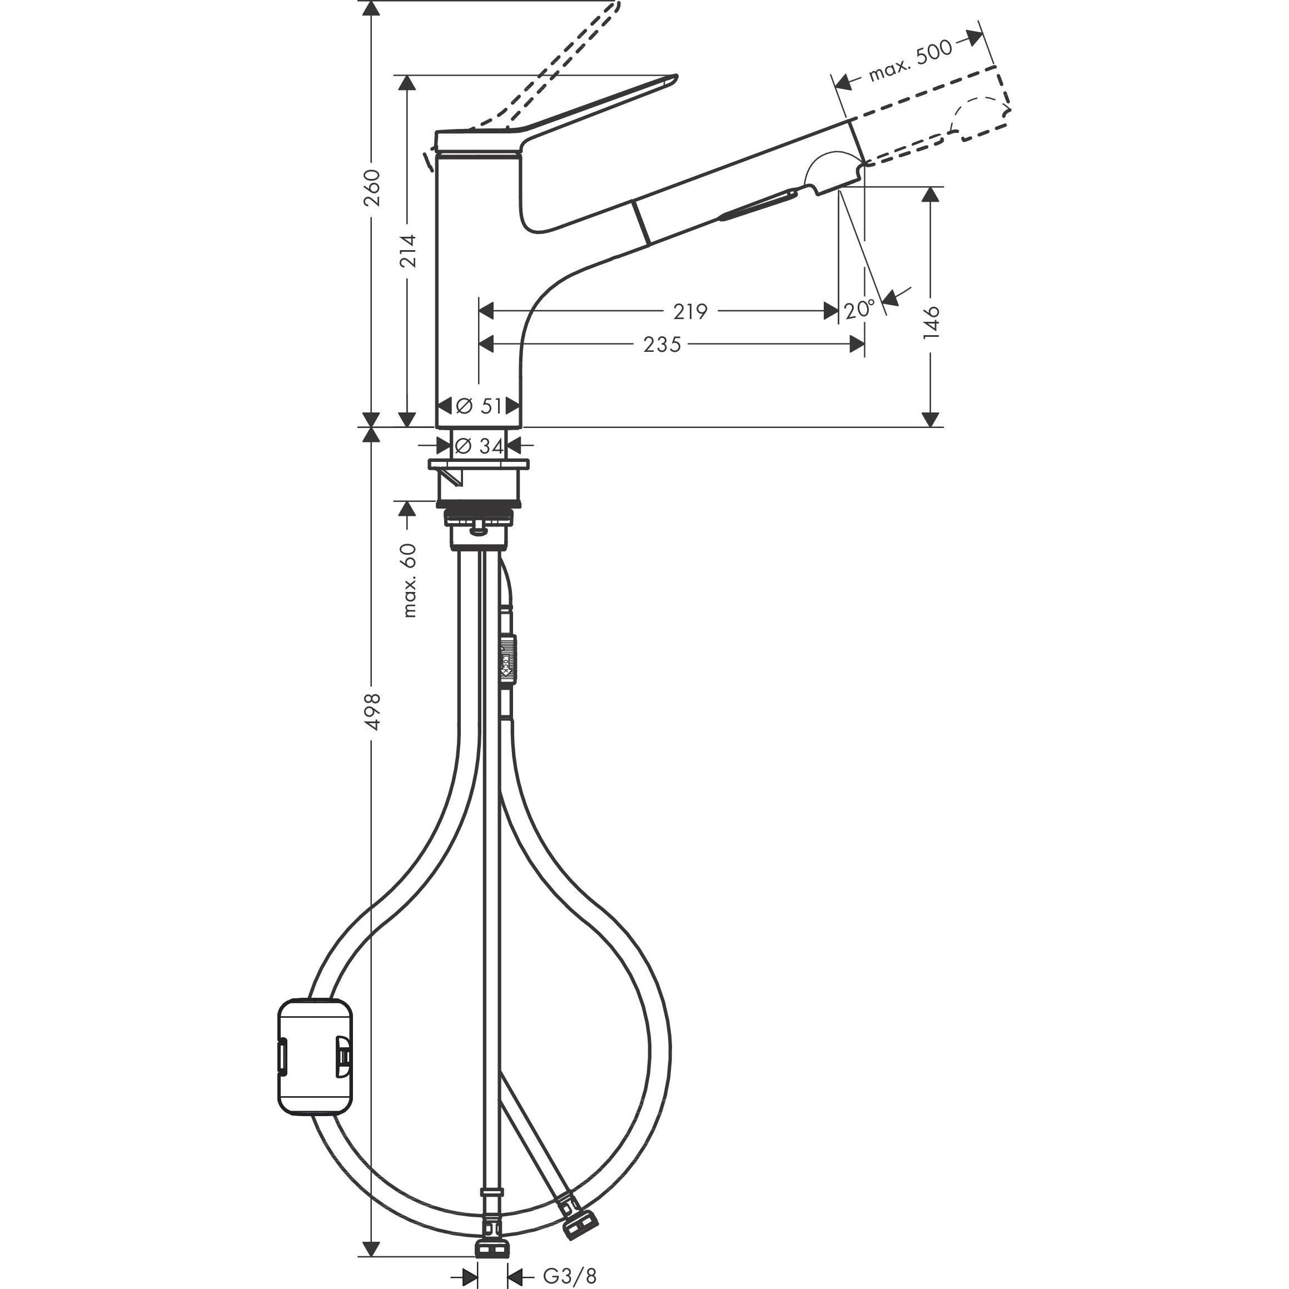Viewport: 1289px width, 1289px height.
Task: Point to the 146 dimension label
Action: click(x=932, y=322)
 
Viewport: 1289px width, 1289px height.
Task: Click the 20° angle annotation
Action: click(x=859, y=310)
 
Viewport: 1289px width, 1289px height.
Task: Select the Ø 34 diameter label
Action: click(x=480, y=446)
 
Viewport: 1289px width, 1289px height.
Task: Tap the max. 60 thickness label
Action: click(x=409, y=580)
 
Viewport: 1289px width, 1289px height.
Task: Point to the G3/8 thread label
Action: click(x=569, y=1276)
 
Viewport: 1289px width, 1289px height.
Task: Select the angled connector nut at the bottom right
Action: click(x=579, y=1226)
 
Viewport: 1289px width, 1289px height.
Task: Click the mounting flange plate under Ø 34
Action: click(x=479, y=464)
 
